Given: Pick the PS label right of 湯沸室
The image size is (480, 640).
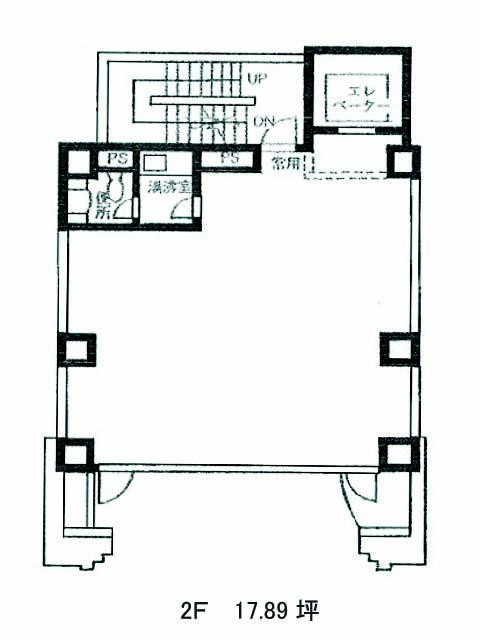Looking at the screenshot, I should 229,158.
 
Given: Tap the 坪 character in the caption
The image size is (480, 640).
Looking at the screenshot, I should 306,610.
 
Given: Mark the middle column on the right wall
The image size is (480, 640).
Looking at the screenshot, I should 397,347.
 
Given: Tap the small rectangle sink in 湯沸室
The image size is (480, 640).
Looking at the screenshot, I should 154,162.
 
